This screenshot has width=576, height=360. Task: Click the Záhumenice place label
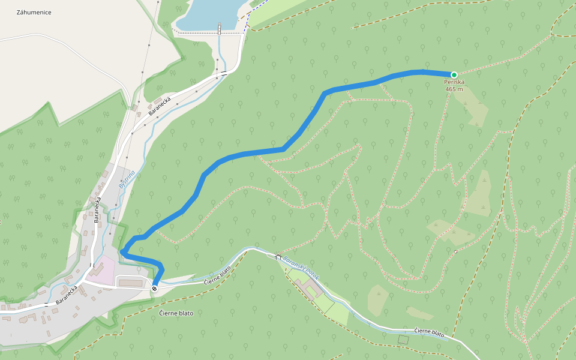pyautogui.click(x=34, y=13)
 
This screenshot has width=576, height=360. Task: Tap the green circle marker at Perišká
pyautogui.click(x=454, y=75)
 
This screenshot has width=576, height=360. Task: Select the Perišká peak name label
pyautogui.click(x=454, y=82)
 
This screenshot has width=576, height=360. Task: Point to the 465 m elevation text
pyautogui.click(x=454, y=89)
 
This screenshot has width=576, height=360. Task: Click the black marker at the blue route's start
pyautogui.click(x=154, y=289)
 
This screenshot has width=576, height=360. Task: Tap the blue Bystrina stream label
pyautogui.click(x=127, y=179)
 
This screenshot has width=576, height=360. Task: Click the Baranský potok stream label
pyautogui.click(x=302, y=268)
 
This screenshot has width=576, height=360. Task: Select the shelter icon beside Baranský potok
pyautogui.click(x=278, y=257)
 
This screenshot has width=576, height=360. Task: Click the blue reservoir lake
pyautogui.click(x=207, y=13)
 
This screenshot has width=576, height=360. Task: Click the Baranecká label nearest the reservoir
pyautogui.click(x=160, y=105)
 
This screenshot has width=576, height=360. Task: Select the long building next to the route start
pyautogui.click(x=132, y=281)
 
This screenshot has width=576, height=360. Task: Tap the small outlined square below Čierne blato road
pyautogui.click(x=403, y=340)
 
